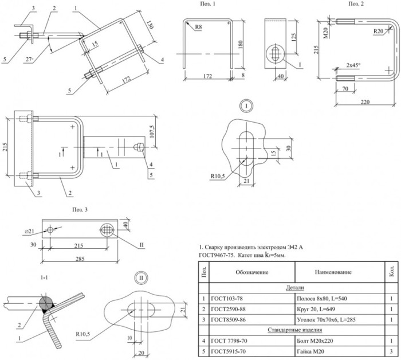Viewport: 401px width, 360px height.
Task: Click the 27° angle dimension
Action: click(x=29, y=60)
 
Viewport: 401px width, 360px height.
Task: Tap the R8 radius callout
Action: click(x=198, y=27)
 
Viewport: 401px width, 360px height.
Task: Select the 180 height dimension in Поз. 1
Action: click(x=240, y=45)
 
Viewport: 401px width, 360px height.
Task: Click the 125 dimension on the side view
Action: click(x=293, y=37)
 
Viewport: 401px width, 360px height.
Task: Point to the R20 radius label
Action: click(x=378, y=31)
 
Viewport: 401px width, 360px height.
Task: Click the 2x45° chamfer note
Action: click(x=353, y=65)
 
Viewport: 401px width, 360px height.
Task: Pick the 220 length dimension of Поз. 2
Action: click(x=365, y=102)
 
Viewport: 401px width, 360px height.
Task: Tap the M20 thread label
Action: click(x=325, y=33)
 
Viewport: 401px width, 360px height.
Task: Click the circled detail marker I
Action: click(x=246, y=106)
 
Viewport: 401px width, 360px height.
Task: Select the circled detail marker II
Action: click(x=141, y=278)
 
